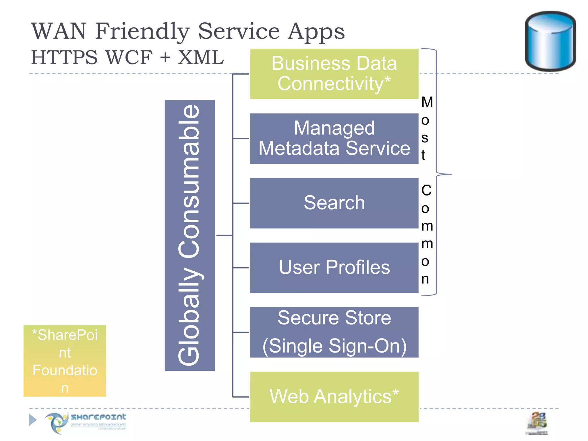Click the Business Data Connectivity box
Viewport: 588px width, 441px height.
pos(334,74)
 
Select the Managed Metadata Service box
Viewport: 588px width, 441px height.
pos(334,138)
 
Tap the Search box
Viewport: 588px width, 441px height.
pos(334,203)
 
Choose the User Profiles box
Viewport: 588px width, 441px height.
pos(334,268)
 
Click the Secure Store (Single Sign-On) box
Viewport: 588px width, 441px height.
pos(334,332)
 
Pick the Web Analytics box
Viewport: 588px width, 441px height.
pos(334,397)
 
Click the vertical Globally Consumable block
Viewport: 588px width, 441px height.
pos(190,235)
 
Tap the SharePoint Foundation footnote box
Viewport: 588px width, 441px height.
pos(65,361)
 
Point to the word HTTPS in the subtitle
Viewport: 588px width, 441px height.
pos(64,57)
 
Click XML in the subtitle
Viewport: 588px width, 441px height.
pos(200,57)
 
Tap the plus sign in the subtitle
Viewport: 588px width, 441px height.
pos(165,57)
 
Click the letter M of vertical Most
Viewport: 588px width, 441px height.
pos(427,102)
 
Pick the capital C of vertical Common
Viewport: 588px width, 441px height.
pos(426,190)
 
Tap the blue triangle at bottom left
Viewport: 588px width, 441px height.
pos(33,420)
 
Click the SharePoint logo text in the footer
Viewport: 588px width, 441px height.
pos(98,417)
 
